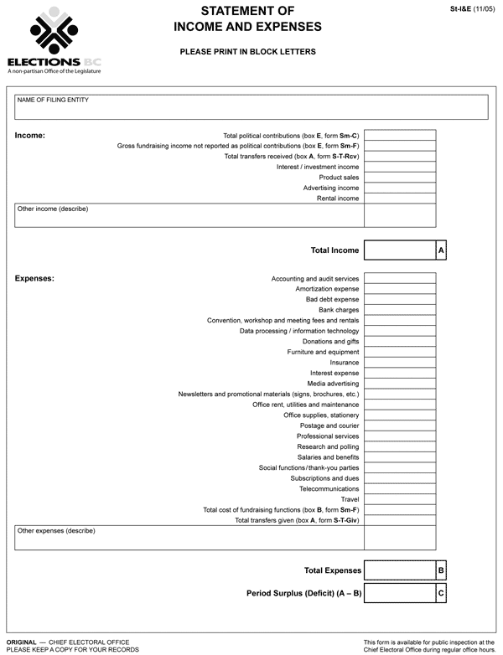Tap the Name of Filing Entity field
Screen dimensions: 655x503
point(251,107)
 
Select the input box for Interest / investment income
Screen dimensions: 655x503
point(400,167)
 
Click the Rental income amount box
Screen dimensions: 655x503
point(400,199)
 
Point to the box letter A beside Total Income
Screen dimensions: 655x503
point(441,250)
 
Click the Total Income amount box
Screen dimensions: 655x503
point(400,250)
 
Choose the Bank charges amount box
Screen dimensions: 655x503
point(400,310)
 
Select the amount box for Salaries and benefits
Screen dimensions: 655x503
point(400,457)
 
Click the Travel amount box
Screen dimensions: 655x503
point(400,499)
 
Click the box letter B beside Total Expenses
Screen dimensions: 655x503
point(441,570)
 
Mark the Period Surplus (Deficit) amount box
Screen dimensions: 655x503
point(400,593)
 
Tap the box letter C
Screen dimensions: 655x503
point(441,593)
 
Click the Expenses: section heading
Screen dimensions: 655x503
point(34,278)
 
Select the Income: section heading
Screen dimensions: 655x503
point(30,135)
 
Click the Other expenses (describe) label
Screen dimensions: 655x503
point(56,531)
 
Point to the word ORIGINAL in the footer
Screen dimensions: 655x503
point(21,642)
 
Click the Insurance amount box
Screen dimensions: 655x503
point(400,363)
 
